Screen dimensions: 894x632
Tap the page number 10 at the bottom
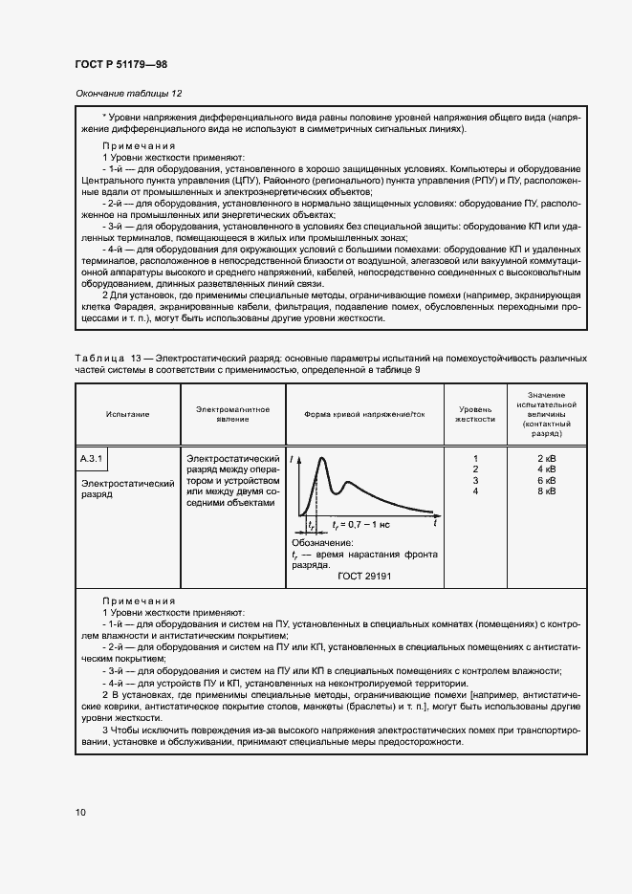(80, 813)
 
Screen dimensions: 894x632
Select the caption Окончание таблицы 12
(127, 94)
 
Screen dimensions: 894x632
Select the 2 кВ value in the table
(546, 459)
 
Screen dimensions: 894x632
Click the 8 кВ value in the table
(546, 491)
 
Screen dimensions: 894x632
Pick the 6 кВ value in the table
(546, 480)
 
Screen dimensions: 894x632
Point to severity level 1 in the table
(475, 459)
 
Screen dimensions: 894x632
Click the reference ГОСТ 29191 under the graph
(363, 577)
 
